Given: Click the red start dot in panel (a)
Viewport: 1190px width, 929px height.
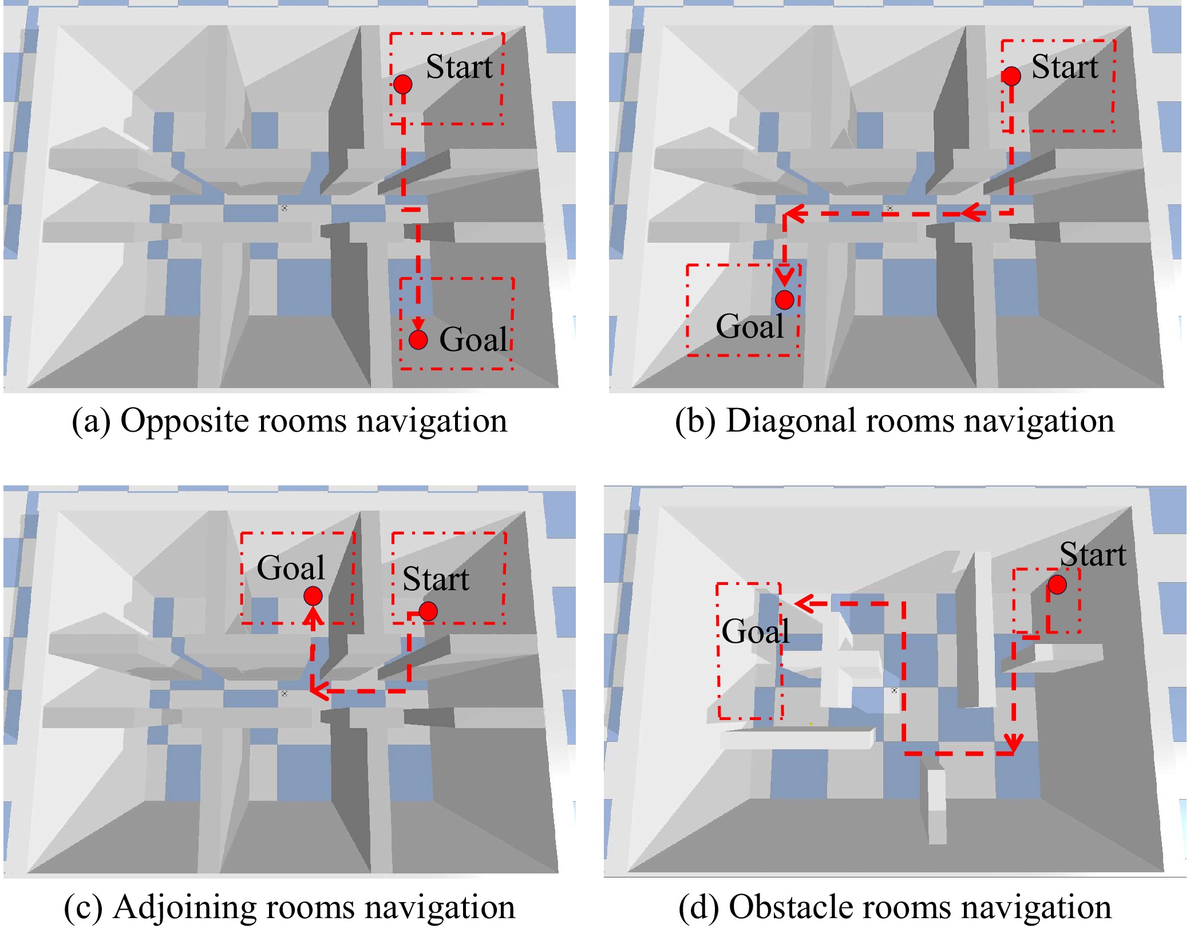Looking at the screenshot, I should click(x=403, y=84).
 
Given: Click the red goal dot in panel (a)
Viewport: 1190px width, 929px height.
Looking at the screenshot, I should click(x=418, y=339).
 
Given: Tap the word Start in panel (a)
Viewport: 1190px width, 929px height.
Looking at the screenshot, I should click(x=459, y=66).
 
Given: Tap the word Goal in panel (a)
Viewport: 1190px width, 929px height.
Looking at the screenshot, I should click(x=473, y=339).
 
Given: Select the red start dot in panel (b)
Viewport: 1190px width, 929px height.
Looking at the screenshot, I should click(x=1011, y=76).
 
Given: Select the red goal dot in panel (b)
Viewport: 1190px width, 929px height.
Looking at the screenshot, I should click(x=784, y=299).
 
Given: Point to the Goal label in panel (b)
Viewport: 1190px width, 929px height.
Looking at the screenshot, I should click(x=750, y=326).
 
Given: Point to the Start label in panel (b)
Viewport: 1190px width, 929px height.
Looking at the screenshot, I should click(x=1065, y=66).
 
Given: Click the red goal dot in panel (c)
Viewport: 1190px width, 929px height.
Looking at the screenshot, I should click(x=313, y=596).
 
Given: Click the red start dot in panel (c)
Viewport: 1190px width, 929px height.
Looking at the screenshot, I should click(x=428, y=611).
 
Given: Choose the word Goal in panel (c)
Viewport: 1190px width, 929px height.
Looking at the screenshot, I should click(x=291, y=568).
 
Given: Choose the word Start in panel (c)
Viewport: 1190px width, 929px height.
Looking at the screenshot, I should click(x=436, y=579).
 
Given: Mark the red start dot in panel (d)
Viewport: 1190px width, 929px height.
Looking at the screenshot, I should click(x=1057, y=584).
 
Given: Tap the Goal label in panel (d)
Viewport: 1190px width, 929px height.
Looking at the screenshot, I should click(x=756, y=631).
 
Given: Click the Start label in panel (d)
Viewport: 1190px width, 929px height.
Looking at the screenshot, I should click(x=1093, y=554).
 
